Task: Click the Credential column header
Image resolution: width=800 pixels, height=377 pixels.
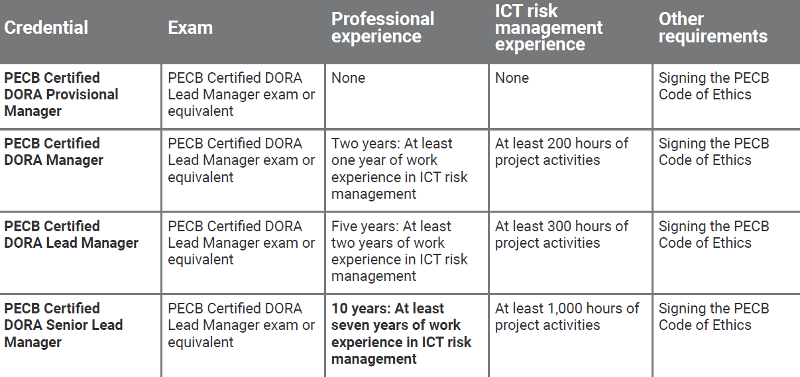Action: (x=46, y=27)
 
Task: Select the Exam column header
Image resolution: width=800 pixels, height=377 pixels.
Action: (x=190, y=27)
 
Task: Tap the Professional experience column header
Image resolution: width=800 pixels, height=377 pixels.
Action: (x=382, y=27)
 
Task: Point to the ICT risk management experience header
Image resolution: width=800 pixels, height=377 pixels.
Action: (x=549, y=27)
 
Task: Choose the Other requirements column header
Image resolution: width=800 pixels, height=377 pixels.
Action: (x=713, y=27)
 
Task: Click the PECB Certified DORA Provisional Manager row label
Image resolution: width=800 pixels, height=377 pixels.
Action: (x=61, y=95)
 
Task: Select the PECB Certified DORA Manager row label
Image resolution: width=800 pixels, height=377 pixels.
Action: (x=54, y=152)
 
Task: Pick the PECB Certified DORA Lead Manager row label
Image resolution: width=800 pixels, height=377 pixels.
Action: (x=71, y=235)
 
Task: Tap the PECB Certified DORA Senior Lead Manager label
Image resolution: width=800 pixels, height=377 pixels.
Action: (x=64, y=325)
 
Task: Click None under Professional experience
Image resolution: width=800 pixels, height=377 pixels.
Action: (x=348, y=78)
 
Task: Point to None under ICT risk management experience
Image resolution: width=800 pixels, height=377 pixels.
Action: (x=512, y=78)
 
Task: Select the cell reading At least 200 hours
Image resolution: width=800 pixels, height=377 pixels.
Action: (x=561, y=152)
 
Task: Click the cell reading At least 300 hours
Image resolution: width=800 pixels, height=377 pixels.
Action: (x=561, y=235)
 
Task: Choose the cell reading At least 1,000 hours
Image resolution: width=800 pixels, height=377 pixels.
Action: (x=567, y=317)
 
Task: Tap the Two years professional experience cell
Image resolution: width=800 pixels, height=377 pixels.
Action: (x=399, y=168)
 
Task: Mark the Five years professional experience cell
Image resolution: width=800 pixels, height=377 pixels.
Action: (x=399, y=251)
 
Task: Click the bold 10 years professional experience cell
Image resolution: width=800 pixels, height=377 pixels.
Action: (x=402, y=333)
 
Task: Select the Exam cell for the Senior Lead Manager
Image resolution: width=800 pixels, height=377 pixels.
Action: (x=241, y=325)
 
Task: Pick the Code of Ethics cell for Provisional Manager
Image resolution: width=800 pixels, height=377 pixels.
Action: (x=714, y=86)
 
